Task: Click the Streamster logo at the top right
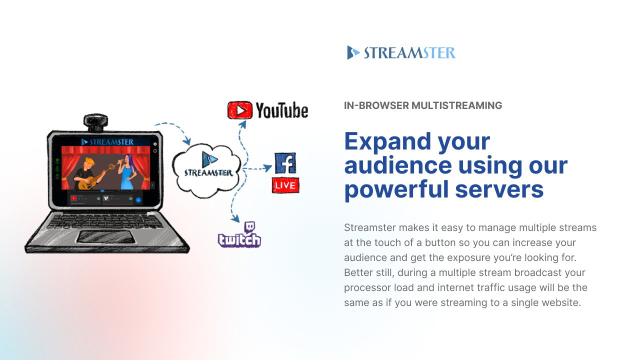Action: click(x=401, y=52)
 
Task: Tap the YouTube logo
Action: click(x=267, y=110)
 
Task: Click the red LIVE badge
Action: click(x=285, y=185)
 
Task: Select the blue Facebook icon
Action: click(x=285, y=163)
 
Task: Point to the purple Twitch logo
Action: click(x=239, y=236)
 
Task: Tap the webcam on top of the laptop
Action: click(x=95, y=122)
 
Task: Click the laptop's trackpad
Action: click(x=104, y=236)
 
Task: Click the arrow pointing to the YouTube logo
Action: click(x=239, y=134)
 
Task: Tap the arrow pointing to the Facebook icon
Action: click(x=258, y=168)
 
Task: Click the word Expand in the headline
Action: click(x=387, y=141)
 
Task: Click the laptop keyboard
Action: click(x=105, y=220)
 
